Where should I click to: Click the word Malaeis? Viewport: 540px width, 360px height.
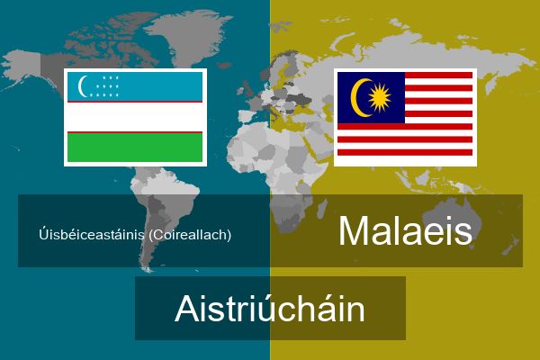[405, 230]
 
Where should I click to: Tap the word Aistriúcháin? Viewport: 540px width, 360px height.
[270, 309]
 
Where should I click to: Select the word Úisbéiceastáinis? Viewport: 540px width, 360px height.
[92, 235]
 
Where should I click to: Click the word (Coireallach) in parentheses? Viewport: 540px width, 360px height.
[190, 235]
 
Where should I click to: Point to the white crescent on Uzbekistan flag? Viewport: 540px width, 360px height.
[82, 86]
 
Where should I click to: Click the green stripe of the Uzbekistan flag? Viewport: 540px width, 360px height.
[135, 147]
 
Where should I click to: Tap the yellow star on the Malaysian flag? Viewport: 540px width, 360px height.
[380, 98]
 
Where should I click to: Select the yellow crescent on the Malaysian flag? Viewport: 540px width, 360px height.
[358, 98]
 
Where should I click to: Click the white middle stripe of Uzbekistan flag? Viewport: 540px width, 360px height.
[135, 117]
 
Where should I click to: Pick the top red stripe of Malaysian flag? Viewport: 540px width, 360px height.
[439, 75]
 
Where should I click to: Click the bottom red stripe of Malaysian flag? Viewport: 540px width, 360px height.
[405, 152]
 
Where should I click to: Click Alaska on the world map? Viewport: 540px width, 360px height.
[24, 67]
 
